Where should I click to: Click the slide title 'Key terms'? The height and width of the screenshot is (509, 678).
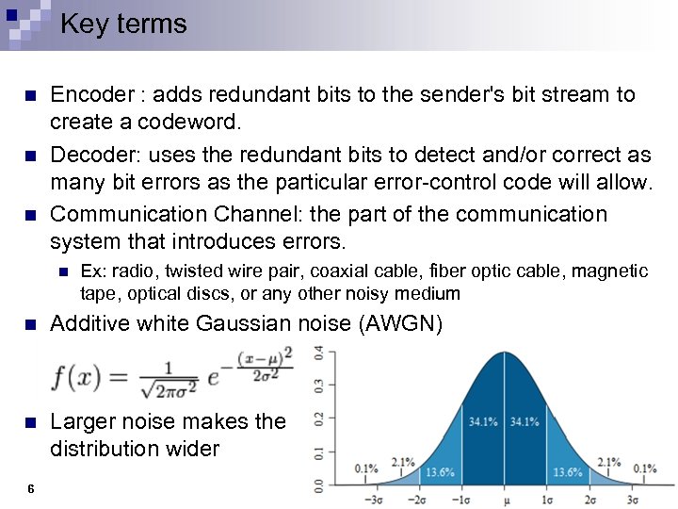[123, 25]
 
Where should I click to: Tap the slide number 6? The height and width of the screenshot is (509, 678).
[31, 488]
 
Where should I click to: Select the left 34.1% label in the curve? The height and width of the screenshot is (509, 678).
[484, 421]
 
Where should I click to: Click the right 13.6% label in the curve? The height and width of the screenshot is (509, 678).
[569, 471]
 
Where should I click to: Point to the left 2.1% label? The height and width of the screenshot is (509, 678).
[403, 461]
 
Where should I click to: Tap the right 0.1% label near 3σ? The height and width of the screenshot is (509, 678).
[645, 468]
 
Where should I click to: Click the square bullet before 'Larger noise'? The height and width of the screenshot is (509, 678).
[30, 422]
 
